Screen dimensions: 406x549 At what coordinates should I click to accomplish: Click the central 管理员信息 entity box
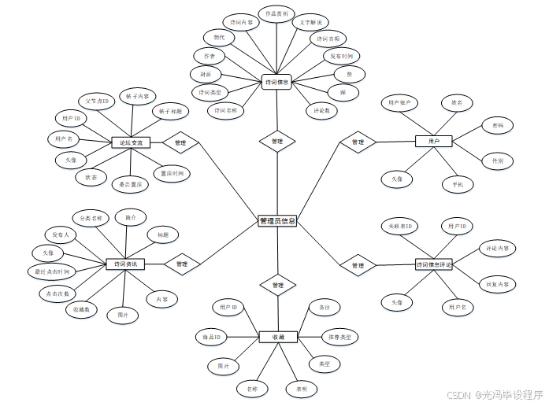tap(277, 221)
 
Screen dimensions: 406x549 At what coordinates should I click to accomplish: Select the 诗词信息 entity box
tap(276, 81)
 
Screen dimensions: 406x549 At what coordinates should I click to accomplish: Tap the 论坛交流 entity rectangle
tap(132, 142)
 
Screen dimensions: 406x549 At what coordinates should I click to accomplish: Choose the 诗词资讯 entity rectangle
tap(125, 264)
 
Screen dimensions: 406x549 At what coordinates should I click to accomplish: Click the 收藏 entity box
tap(277, 337)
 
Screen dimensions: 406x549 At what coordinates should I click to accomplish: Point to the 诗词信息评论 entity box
tap(434, 264)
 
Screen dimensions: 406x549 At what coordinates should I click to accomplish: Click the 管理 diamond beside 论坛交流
tap(180, 142)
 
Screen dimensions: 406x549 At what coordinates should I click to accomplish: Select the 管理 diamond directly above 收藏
tap(277, 285)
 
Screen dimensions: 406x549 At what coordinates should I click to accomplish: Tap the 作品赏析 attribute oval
tap(276, 14)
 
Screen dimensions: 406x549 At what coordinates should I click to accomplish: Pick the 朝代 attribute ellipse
tap(219, 37)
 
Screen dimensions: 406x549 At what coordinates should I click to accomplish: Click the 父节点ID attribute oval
tap(98, 101)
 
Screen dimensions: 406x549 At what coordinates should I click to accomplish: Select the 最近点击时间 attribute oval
tap(52, 272)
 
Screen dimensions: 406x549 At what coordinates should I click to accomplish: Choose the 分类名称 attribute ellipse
tap(87, 217)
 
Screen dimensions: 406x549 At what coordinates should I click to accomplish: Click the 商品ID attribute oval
tap(211, 338)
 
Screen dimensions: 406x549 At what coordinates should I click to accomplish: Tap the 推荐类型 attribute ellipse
tap(340, 337)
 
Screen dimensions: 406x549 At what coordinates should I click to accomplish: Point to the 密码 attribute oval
tap(498, 125)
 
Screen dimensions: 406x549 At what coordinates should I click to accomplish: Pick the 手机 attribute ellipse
tap(458, 185)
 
